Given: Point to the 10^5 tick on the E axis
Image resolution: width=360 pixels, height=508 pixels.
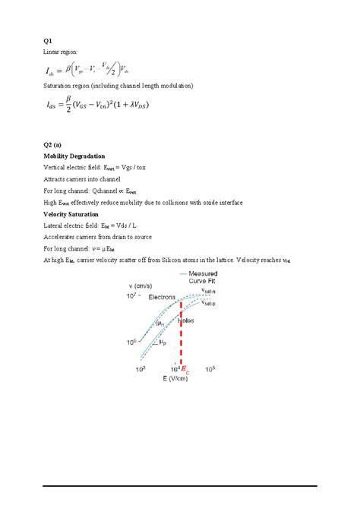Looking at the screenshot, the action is (x=210, y=368).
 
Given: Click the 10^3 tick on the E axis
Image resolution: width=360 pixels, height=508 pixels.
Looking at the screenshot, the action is (x=140, y=368).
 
